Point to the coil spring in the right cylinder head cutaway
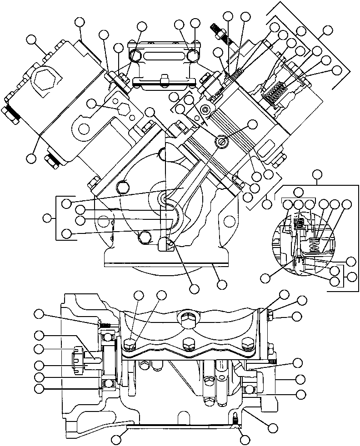point(275,94)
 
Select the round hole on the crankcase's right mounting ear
point(230,222)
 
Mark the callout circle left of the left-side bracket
point(47,218)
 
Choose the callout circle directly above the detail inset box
point(317,173)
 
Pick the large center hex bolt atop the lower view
point(187,318)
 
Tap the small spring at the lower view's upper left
point(105,325)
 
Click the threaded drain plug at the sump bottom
point(235,421)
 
